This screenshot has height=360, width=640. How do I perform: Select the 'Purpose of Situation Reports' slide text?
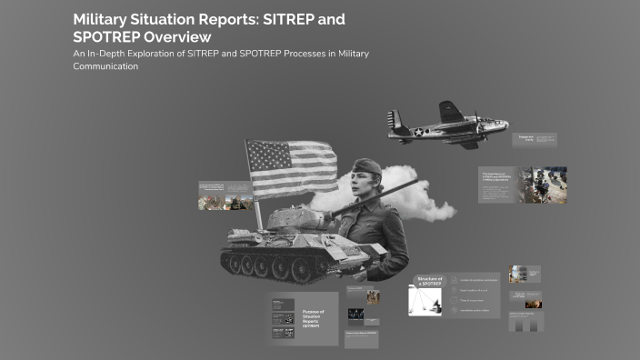coord(315,317)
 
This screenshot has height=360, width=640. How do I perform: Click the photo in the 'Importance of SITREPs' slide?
coord(544,184)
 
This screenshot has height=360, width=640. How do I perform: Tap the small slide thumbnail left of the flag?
coord(225,195)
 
